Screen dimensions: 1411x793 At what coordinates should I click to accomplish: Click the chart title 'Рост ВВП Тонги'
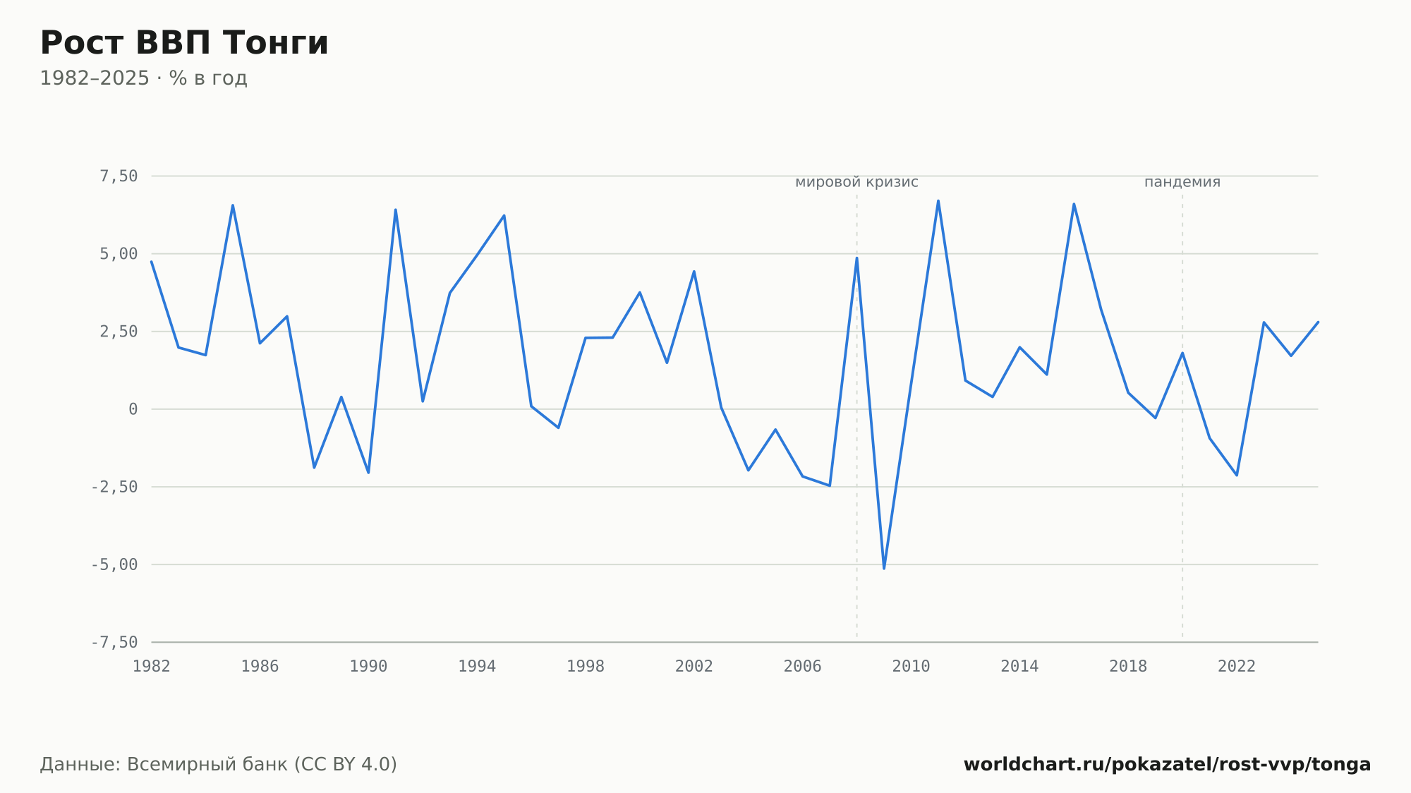(184, 43)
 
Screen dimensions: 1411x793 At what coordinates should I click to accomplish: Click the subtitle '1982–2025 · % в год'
(143, 78)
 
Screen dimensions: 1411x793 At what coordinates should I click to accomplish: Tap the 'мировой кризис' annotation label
(856, 182)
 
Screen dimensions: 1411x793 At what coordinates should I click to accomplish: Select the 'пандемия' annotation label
(1182, 182)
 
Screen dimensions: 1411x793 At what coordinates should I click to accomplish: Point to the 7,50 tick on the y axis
(119, 176)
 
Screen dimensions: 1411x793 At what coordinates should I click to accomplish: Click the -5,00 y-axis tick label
(114, 564)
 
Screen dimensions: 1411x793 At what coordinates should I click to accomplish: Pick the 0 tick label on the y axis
(133, 409)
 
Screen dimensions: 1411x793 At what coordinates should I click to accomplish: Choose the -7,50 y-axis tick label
(114, 642)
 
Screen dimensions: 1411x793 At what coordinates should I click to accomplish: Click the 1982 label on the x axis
(152, 667)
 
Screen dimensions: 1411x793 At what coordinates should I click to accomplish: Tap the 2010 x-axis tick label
(911, 667)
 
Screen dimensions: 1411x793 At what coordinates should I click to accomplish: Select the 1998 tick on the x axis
(586, 667)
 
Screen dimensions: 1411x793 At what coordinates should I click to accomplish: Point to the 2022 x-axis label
(1237, 667)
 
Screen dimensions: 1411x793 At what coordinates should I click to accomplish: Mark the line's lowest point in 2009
(884, 568)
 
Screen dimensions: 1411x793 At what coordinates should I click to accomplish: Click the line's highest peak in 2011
(938, 201)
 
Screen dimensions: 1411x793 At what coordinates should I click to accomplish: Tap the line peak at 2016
(1074, 205)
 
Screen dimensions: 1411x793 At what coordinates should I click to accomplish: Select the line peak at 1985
(233, 206)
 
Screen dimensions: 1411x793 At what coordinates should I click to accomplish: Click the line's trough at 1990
(368, 472)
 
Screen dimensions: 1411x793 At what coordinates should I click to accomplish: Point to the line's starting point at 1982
(152, 262)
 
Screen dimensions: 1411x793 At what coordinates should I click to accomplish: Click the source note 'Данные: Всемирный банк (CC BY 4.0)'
(219, 765)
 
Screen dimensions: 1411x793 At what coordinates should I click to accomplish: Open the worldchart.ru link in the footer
(1167, 765)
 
